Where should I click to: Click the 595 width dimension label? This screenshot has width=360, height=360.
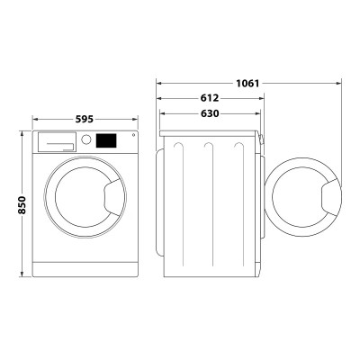[x=85, y=120]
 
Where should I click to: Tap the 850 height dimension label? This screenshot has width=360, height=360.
[x=22, y=205]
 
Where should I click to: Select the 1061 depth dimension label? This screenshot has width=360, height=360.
[x=247, y=83]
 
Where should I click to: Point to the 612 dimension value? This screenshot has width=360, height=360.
[x=210, y=98]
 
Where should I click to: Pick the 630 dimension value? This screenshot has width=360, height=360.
[x=210, y=113]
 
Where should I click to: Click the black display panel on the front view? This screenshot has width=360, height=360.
[x=106, y=140]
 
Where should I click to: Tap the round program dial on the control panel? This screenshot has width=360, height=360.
[x=86, y=139]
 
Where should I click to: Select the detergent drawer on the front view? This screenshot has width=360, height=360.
[x=57, y=142]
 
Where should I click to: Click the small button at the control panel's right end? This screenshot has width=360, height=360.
[x=133, y=135]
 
